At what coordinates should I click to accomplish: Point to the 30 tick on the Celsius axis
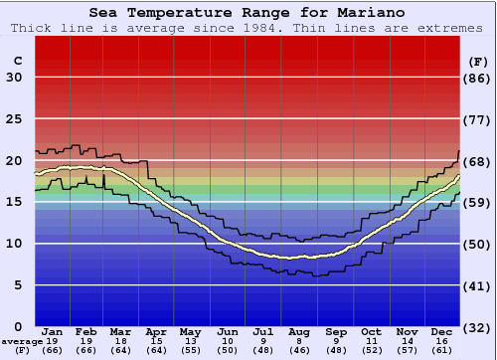14,78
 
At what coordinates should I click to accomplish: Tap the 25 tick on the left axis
14,119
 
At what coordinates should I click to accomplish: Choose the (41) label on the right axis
478,285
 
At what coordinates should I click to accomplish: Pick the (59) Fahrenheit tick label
478,203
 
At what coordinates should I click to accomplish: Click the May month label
189,331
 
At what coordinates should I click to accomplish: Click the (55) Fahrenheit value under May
189,350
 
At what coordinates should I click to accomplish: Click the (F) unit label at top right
478,61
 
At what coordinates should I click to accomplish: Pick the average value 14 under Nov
408,340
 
